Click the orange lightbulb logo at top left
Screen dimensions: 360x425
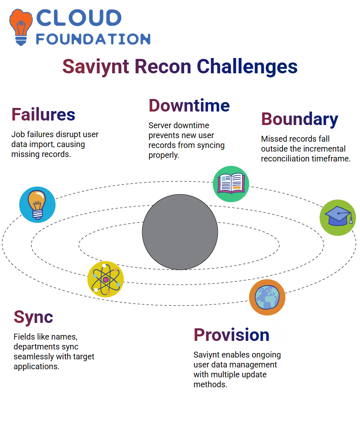(21, 27)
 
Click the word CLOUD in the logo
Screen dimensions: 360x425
(79, 18)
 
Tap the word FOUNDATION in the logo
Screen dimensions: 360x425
(93, 39)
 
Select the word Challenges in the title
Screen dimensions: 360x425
(247, 67)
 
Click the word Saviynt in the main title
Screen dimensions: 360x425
(96, 67)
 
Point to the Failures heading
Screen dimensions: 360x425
(43, 114)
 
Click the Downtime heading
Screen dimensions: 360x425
(189, 105)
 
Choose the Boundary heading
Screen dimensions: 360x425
(300, 119)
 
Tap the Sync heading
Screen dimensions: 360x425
(33, 318)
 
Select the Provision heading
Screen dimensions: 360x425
(231, 335)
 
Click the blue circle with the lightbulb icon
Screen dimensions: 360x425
(37, 205)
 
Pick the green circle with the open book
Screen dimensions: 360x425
(231, 184)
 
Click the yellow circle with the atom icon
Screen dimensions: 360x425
(106, 279)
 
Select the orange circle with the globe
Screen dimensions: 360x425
(267, 297)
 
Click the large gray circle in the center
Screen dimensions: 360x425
(180, 232)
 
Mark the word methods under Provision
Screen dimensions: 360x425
(210, 385)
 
